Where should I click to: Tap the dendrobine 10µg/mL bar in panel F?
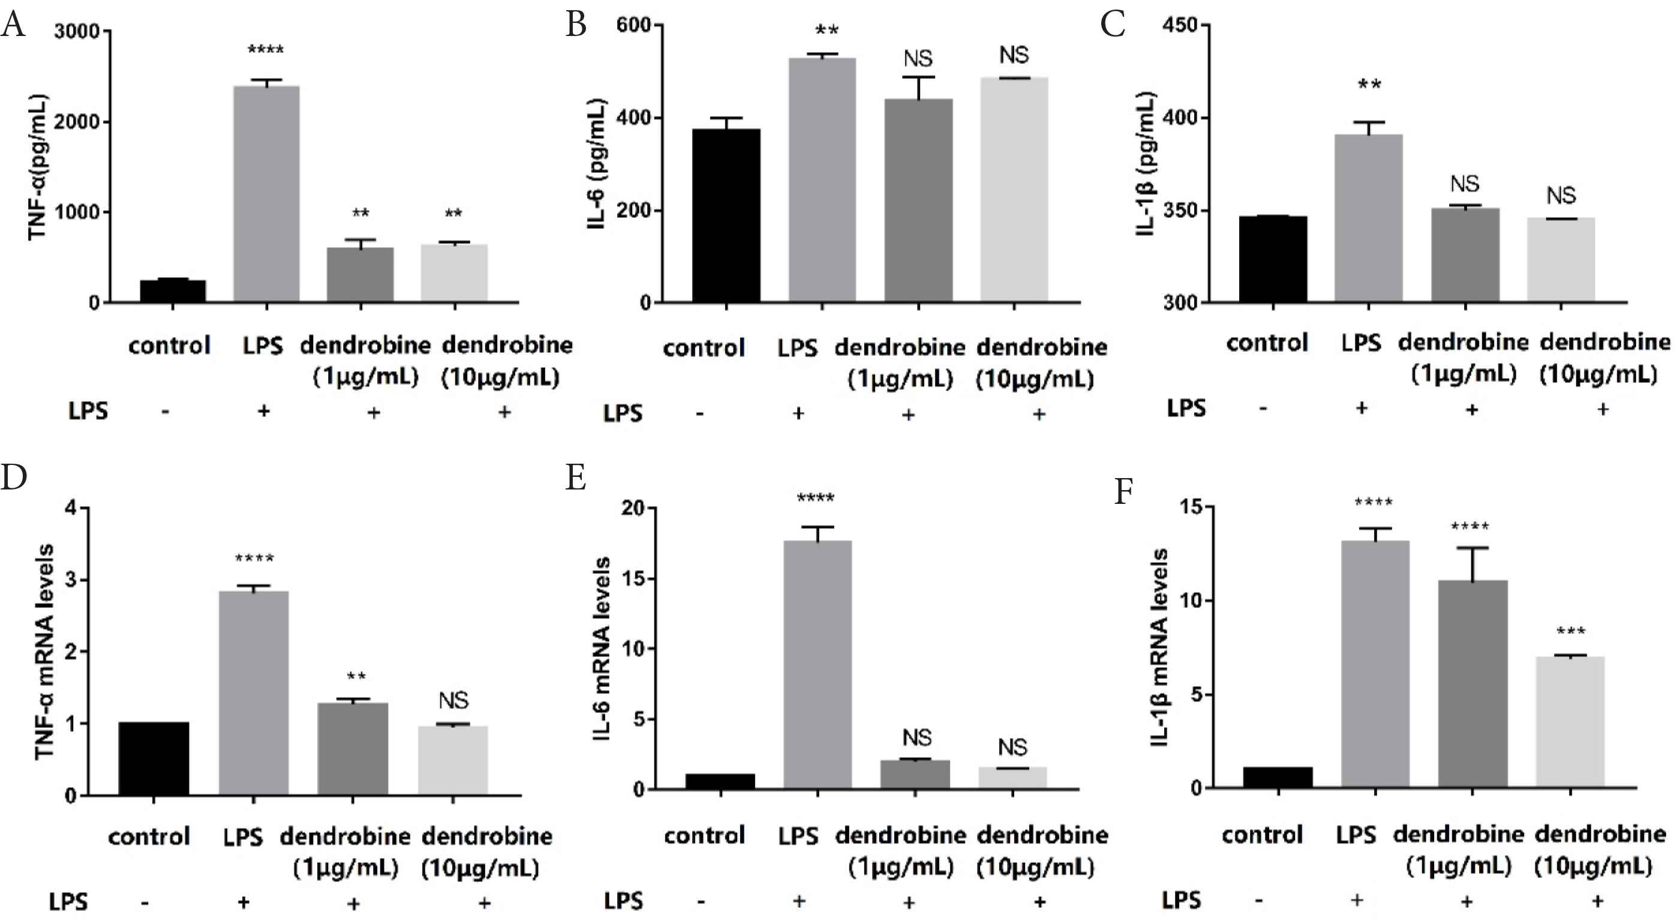1570,722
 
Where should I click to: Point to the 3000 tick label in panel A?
77,31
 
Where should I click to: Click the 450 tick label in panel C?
1179,25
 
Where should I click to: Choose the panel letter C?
1113,25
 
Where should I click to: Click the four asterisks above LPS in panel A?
266,50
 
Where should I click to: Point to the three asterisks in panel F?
1571,631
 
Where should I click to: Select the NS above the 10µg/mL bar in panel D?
453,701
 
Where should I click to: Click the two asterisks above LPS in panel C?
1369,85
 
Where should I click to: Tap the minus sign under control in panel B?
699,413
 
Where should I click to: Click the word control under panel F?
1262,834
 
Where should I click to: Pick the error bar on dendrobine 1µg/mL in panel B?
918,87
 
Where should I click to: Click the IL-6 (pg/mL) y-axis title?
597,164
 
